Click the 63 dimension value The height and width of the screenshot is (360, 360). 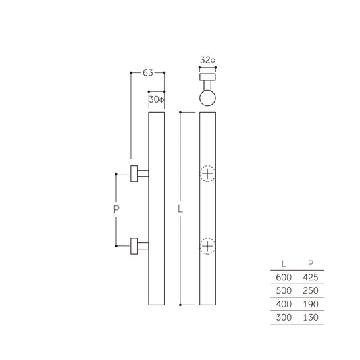[147, 72]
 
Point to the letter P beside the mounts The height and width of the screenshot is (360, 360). [115, 210]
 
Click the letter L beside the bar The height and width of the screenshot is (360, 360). [180, 210]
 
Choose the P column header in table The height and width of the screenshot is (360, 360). [310, 264]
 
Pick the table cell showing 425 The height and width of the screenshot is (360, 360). [310, 277]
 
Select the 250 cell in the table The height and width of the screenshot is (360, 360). [310, 290]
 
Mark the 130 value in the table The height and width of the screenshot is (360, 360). [310, 317]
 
